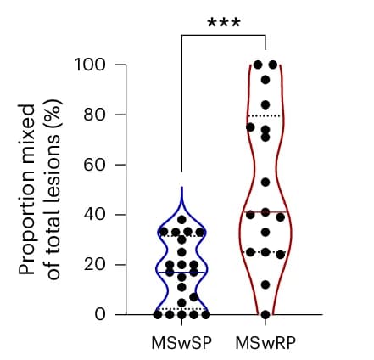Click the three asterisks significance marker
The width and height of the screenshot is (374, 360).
coord(224,23)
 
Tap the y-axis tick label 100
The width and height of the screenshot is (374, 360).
coord(91,65)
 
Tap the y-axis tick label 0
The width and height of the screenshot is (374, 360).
coord(100,314)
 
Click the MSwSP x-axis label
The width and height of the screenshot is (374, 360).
coord(181,343)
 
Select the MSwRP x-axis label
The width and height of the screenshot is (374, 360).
coord(265,343)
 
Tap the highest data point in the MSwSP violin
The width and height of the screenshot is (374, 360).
coord(181,219)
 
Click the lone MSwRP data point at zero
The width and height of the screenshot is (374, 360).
coord(265,314)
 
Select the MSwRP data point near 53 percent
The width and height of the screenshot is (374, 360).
coord(265,183)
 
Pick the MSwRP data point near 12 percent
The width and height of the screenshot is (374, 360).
coord(265,284)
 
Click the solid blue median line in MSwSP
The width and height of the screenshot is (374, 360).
coord(181,273)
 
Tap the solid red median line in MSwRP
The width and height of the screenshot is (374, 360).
coord(265,212)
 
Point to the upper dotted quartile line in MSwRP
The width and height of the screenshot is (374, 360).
coord(265,115)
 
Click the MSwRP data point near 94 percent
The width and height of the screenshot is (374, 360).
coord(265,80)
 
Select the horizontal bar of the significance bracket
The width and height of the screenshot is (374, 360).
coord(223,36)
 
